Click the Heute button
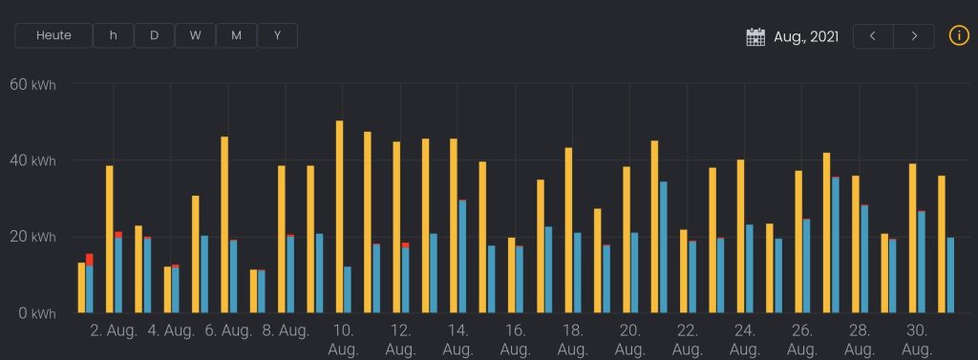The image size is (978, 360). (x=53, y=35)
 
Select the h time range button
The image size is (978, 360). (x=114, y=35)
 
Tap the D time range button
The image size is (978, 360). (x=154, y=35)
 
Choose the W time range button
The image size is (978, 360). (x=195, y=35)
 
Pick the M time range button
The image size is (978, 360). (x=237, y=35)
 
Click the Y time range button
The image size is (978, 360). (x=278, y=35)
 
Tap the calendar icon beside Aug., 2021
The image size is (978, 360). (x=755, y=37)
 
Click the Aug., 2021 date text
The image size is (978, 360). (x=806, y=37)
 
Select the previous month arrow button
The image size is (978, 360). (x=873, y=36)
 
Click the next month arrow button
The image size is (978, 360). (x=914, y=36)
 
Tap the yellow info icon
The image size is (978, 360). (x=959, y=35)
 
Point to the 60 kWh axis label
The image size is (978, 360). (x=33, y=84)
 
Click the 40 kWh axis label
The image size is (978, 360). (x=33, y=161)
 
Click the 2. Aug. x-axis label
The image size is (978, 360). (x=114, y=330)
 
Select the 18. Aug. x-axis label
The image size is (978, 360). (x=573, y=339)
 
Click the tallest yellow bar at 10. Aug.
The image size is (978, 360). (x=339, y=217)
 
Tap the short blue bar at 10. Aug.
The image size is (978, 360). (x=348, y=289)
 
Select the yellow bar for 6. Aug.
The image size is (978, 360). (x=224, y=224)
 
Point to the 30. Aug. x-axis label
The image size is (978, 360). (x=917, y=339)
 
